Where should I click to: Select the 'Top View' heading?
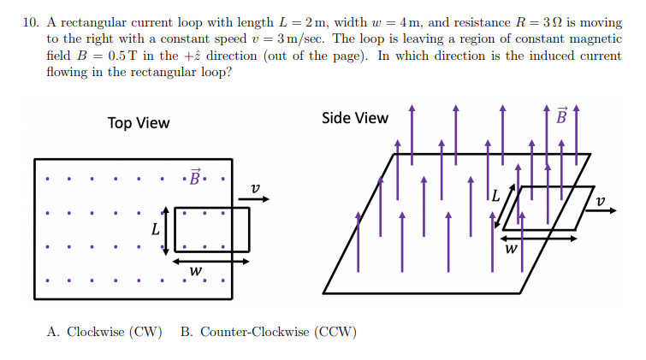pos(139,123)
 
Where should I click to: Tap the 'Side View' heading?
pos(354,118)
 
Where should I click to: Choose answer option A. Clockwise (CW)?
pos(104,332)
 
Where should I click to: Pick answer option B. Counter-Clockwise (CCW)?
pos(269,332)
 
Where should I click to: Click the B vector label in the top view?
pos(195,178)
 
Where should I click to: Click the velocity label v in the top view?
pos(254,187)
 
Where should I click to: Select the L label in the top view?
pos(155,229)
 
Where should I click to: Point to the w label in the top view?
pos(196,271)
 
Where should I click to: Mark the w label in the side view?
pos(511,250)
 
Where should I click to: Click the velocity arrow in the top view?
pos(254,199)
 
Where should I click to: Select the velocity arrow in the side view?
pos(600,210)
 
